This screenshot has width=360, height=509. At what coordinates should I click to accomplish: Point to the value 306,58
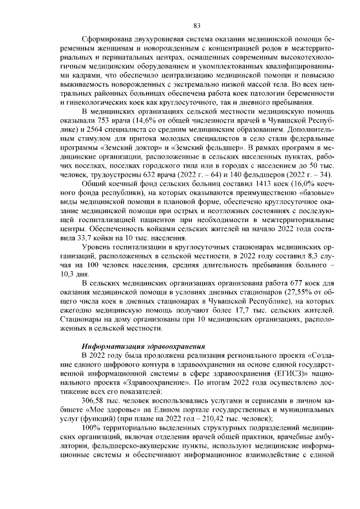(x=94, y=399)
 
